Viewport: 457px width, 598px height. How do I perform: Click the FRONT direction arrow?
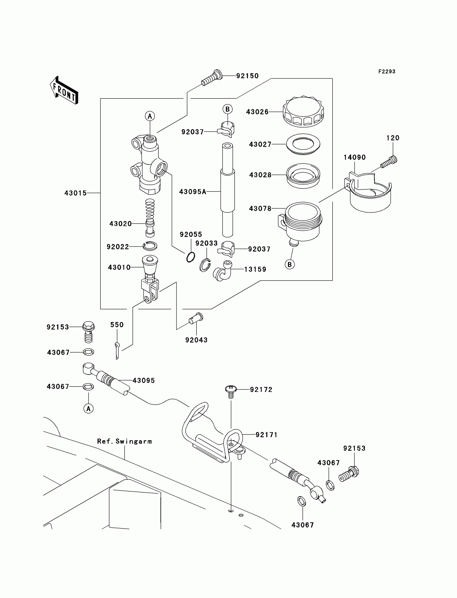click(64, 91)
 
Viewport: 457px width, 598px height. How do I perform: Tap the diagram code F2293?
click(387, 72)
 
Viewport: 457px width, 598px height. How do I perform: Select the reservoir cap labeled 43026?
click(303, 112)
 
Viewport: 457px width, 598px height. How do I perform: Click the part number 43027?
click(260, 144)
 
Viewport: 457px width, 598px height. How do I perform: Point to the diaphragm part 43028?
click(303, 176)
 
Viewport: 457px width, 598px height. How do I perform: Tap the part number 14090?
click(354, 157)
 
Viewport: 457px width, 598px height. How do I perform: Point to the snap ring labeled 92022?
click(150, 246)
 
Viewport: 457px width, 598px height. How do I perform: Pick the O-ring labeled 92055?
click(191, 257)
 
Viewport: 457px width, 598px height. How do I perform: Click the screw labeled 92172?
click(231, 391)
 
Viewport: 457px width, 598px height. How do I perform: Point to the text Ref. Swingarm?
click(124, 441)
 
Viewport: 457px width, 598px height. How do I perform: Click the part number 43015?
click(75, 193)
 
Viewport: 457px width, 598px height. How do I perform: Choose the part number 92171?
click(266, 435)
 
